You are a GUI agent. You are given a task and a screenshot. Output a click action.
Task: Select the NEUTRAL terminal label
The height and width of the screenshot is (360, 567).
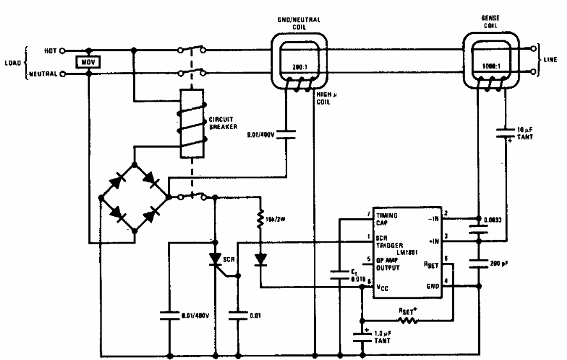(42, 74)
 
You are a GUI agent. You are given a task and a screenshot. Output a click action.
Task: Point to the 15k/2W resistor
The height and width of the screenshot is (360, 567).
(260, 221)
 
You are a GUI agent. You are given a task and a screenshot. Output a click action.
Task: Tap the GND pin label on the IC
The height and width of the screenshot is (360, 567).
(431, 287)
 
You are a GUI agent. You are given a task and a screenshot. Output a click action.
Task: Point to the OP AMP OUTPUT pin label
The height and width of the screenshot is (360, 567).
(389, 263)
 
